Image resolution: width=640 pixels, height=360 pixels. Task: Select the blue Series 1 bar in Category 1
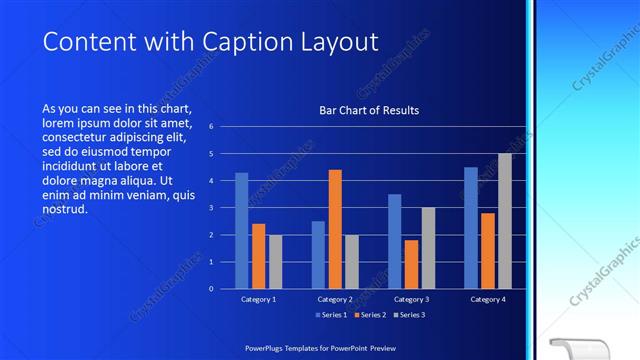click(x=241, y=230)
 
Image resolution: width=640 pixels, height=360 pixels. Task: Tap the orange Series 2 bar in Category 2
click(x=335, y=229)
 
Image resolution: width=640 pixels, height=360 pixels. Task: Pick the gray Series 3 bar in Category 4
click(x=505, y=221)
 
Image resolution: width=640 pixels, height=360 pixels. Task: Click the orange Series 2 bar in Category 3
click(x=411, y=264)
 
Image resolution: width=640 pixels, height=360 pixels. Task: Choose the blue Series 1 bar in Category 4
click(x=471, y=227)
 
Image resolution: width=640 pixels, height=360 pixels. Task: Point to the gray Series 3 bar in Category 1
click(x=275, y=261)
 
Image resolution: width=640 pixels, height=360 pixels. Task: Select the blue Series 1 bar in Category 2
click(x=318, y=254)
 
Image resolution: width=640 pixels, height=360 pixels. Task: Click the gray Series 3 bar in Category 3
click(x=428, y=248)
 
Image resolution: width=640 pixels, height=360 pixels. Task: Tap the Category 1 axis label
click(x=258, y=299)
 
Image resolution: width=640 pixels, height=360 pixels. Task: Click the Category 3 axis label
click(x=411, y=299)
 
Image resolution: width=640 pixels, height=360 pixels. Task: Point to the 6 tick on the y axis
click(x=211, y=127)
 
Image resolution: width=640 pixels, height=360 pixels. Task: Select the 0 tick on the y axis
click(x=211, y=288)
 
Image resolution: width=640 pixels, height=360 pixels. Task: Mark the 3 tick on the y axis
click(x=211, y=208)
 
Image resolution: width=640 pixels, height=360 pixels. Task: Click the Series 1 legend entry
click(x=333, y=315)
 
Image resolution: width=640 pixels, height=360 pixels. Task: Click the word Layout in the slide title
click(x=333, y=43)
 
